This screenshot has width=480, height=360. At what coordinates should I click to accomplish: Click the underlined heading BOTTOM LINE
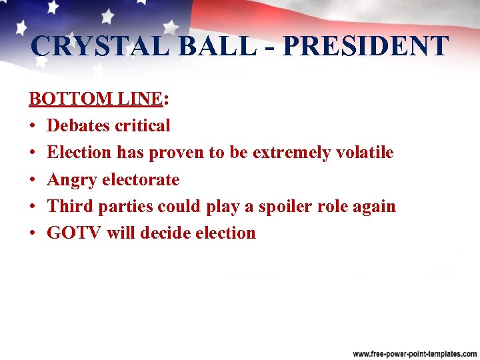95,99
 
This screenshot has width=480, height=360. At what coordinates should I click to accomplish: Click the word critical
143,125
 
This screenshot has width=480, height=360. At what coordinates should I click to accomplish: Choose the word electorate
141,179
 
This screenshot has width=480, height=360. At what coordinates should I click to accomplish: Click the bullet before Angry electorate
32,180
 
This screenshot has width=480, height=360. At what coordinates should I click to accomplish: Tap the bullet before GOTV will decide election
32,233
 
